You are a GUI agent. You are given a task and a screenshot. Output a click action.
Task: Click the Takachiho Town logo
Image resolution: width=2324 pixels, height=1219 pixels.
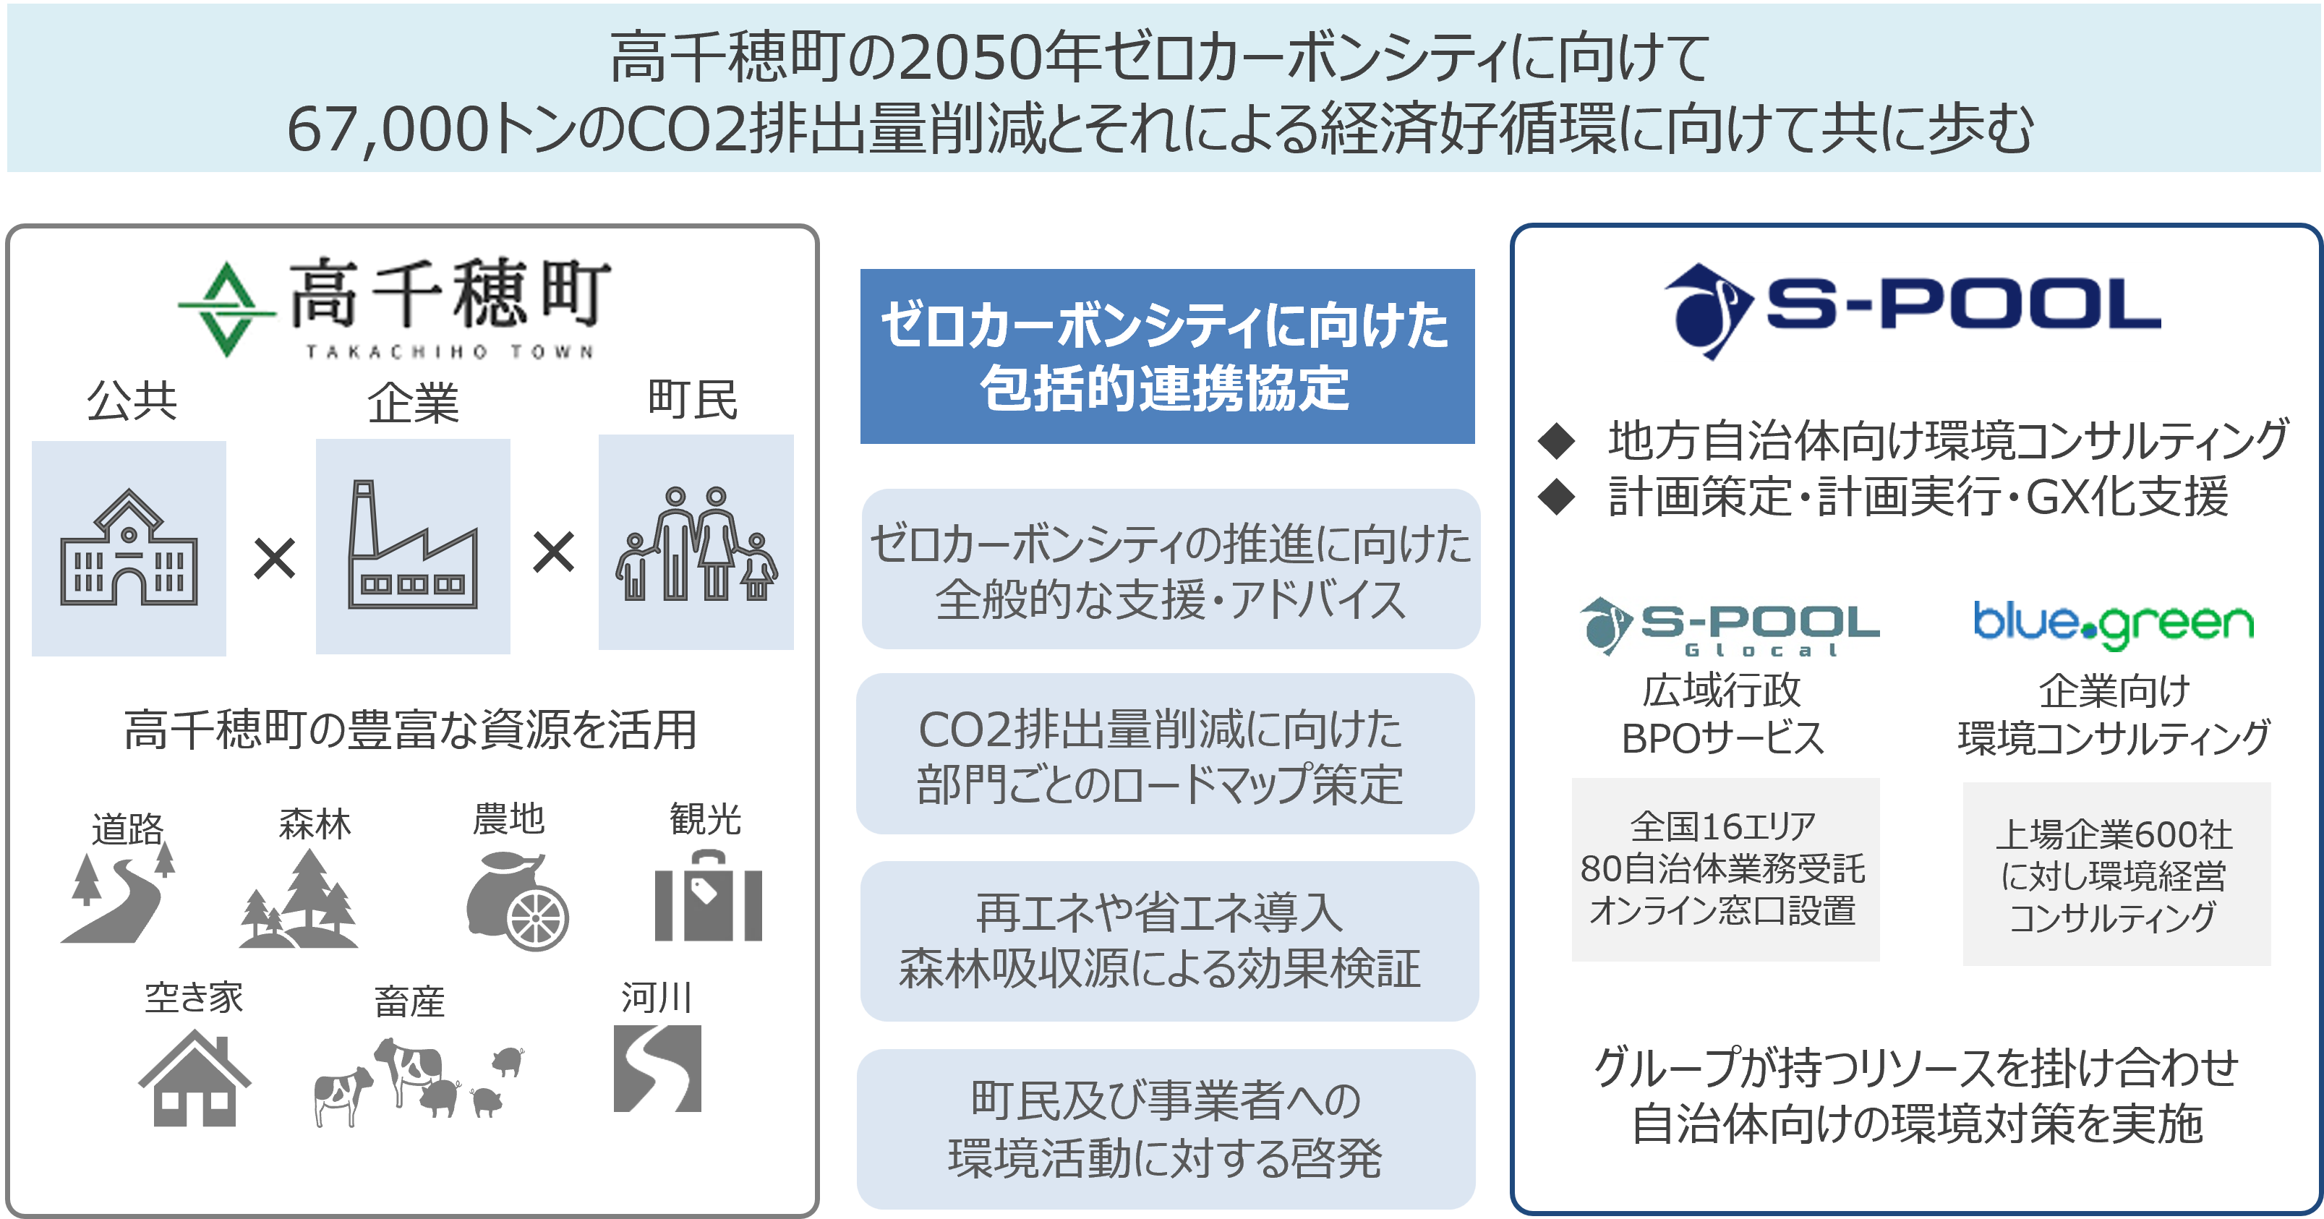point(411,306)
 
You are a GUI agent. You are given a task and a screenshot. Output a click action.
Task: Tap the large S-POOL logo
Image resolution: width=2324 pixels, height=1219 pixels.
point(1912,312)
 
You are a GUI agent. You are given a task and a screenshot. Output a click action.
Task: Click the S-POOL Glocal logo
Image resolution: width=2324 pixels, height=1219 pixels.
point(1729,626)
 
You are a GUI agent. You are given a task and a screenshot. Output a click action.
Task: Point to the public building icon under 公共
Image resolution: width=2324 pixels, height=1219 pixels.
point(129,548)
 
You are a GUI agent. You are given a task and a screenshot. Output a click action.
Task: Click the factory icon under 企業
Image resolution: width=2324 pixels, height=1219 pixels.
point(413,546)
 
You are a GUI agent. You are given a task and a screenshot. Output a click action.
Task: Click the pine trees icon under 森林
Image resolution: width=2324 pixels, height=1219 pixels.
point(299,900)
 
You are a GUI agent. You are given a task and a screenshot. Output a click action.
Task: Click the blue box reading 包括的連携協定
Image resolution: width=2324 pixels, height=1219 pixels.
point(1167,356)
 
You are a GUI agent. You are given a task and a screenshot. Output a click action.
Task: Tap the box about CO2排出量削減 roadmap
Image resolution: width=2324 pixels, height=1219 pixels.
point(1166,754)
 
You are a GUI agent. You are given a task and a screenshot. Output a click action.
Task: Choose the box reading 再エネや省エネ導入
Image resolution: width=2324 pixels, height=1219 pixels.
point(1169,941)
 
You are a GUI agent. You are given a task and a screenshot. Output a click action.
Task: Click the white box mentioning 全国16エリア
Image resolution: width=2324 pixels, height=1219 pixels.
point(1725,870)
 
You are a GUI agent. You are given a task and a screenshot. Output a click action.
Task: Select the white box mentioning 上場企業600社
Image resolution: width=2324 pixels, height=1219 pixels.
point(2116,874)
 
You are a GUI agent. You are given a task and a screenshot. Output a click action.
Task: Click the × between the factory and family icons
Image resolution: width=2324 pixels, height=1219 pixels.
point(553,553)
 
